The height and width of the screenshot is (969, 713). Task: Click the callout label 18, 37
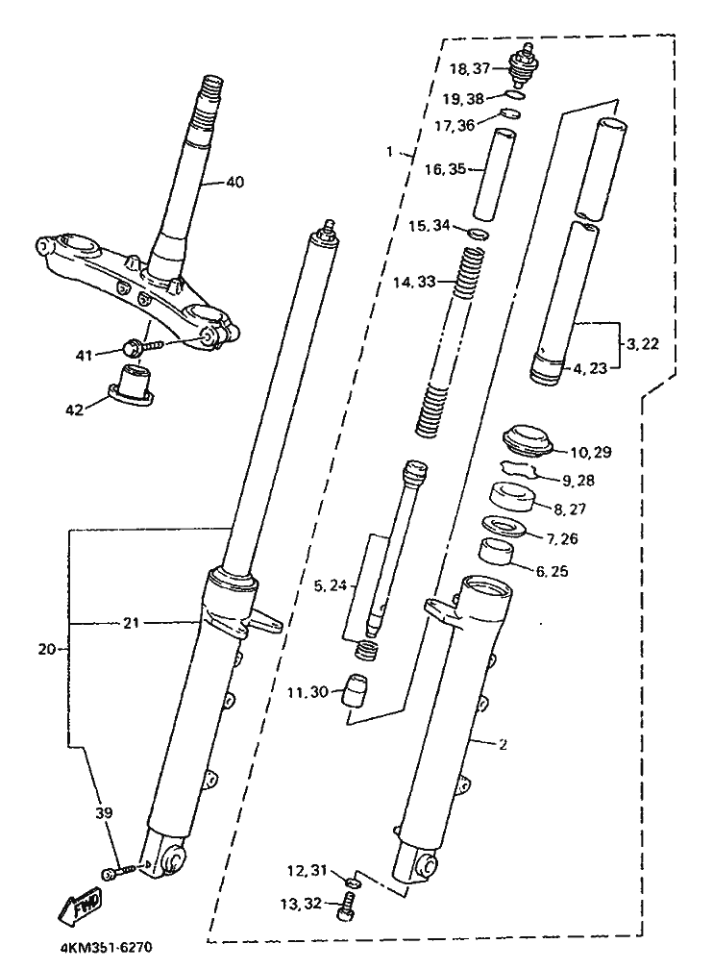[470, 68]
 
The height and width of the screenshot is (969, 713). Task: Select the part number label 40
[234, 182]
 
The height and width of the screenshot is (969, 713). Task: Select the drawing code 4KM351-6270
[106, 948]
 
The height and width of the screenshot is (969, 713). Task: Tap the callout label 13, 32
[301, 904]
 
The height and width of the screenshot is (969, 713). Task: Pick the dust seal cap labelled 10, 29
[527, 440]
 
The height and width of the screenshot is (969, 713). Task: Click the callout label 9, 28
[578, 481]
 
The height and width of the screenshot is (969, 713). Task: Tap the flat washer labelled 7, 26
[503, 527]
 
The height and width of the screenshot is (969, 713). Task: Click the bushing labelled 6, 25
[497, 551]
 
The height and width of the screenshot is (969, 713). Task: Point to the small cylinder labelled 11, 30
[355, 689]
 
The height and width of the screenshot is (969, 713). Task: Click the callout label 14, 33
[414, 282]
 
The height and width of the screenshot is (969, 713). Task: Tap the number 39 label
[104, 812]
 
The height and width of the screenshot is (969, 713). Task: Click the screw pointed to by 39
[118, 871]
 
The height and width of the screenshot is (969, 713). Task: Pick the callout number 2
[504, 745]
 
